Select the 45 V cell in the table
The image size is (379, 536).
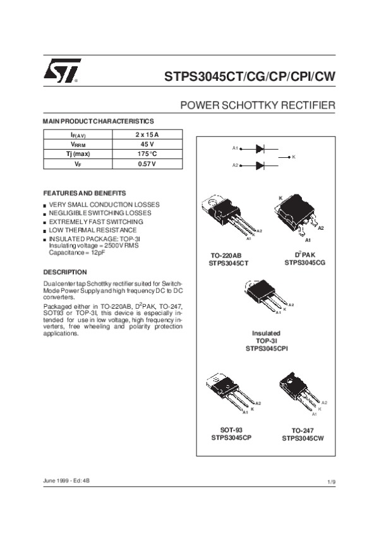147,144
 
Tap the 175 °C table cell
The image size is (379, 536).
147,154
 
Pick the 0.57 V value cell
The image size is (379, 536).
147,164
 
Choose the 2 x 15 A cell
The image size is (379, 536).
147,134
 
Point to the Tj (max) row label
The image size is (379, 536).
77,154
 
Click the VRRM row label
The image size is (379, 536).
77,144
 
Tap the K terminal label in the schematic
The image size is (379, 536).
294,157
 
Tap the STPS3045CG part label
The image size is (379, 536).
304,262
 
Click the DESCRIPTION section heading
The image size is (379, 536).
64,272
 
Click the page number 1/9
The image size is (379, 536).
332,482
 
